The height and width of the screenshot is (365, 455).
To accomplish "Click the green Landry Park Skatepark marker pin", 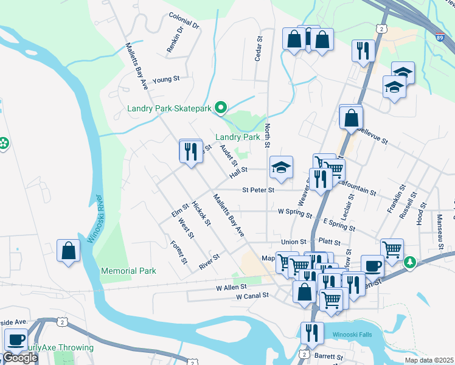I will click(x=221, y=108).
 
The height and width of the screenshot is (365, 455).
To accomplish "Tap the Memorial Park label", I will click(x=128, y=271).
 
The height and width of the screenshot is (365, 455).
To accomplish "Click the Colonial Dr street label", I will click(x=184, y=21).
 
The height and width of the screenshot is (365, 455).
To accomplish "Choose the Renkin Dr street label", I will click(x=175, y=40).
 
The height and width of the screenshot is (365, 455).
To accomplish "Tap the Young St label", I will click(x=166, y=80).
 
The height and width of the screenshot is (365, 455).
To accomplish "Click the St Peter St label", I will click(x=259, y=190).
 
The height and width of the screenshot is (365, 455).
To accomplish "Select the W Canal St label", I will click(x=252, y=296).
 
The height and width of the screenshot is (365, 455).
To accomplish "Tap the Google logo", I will click(x=19, y=358).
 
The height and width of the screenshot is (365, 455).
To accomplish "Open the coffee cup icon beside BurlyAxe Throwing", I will click(x=16, y=338).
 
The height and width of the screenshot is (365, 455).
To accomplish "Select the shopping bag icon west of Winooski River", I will click(x=68, y=251).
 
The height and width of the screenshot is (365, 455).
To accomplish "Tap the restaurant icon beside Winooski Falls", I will click(x=312, y=333).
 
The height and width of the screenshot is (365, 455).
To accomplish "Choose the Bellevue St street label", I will click(x=372, y=136).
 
